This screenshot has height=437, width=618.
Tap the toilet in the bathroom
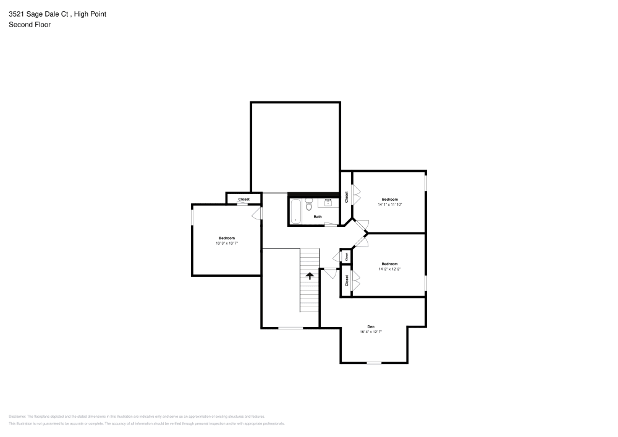tap(308, 205)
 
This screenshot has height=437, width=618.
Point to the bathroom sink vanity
tap(328, 202)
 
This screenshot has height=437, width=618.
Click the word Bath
tap(317, 217)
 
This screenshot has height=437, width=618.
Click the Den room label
tap(371, 326)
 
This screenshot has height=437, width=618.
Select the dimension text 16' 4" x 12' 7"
tap(371, 332)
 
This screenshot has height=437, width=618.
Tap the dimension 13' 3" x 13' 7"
tap(226, 244)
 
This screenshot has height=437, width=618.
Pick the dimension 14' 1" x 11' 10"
tap(389, 205)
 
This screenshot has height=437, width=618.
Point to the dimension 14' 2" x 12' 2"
tap(389, 269)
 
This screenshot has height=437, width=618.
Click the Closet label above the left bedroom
tap(243, 199)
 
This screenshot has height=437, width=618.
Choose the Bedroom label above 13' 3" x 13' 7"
tap(226, 238)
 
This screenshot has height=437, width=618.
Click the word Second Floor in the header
tap(30, 25)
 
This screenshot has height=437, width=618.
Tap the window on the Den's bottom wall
tap(374, 363)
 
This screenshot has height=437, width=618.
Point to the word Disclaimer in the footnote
tap(18, 417)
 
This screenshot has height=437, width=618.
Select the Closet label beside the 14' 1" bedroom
tap(347, 197)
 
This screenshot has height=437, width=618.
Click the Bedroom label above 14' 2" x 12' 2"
tap(389, 264)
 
